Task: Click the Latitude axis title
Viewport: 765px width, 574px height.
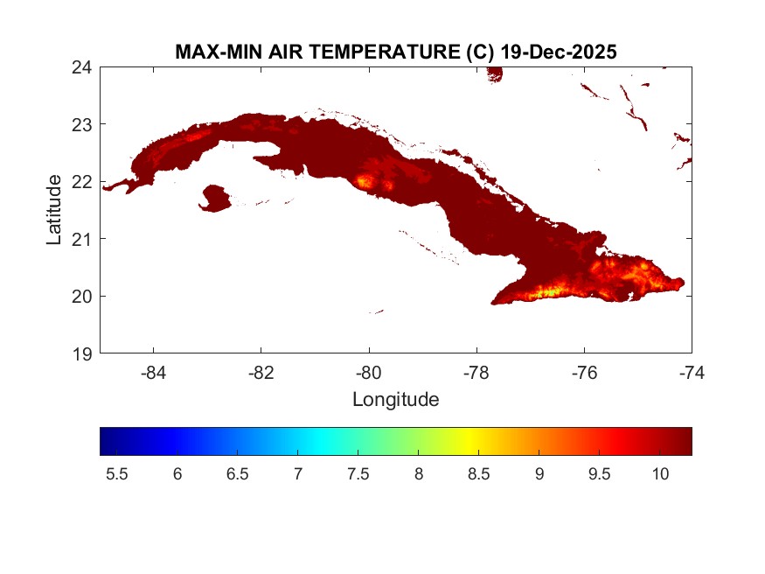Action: (x=54, y=210)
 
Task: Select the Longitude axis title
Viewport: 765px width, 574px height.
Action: (x=395, y=400)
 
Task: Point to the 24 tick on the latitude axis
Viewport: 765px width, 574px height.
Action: (x=87, y=66)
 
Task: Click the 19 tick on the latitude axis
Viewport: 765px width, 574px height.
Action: (x=87, y=353)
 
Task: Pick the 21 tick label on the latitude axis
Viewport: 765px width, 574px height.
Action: (x=87, y=239)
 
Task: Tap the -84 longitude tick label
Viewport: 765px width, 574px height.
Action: (x=154, y=373)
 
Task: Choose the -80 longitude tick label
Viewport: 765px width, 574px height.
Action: (x=369, y=373)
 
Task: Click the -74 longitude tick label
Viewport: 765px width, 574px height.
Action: (x=692, y=373)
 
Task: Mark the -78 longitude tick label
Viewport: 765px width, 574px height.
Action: (x=476, y=373)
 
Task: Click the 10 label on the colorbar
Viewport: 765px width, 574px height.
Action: (x=660, y=473)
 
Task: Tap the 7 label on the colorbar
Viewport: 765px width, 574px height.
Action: (x=298, y=473)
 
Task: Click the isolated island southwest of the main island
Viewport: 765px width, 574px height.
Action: (x=215, y=198)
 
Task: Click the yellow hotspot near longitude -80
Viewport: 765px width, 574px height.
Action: (x=363, y=182)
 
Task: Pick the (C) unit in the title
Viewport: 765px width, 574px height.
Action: (x=478, y=52)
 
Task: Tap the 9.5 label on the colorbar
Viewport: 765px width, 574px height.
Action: (x=600, y=473)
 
